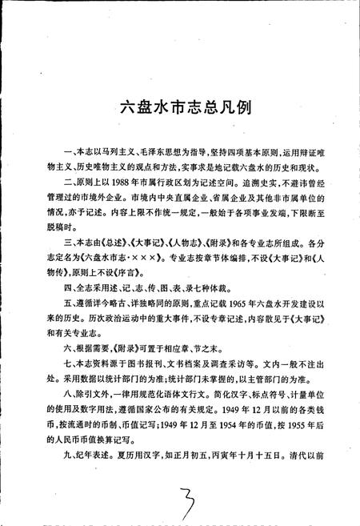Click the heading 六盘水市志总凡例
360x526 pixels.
pyautogui.click(x=179, y=107)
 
